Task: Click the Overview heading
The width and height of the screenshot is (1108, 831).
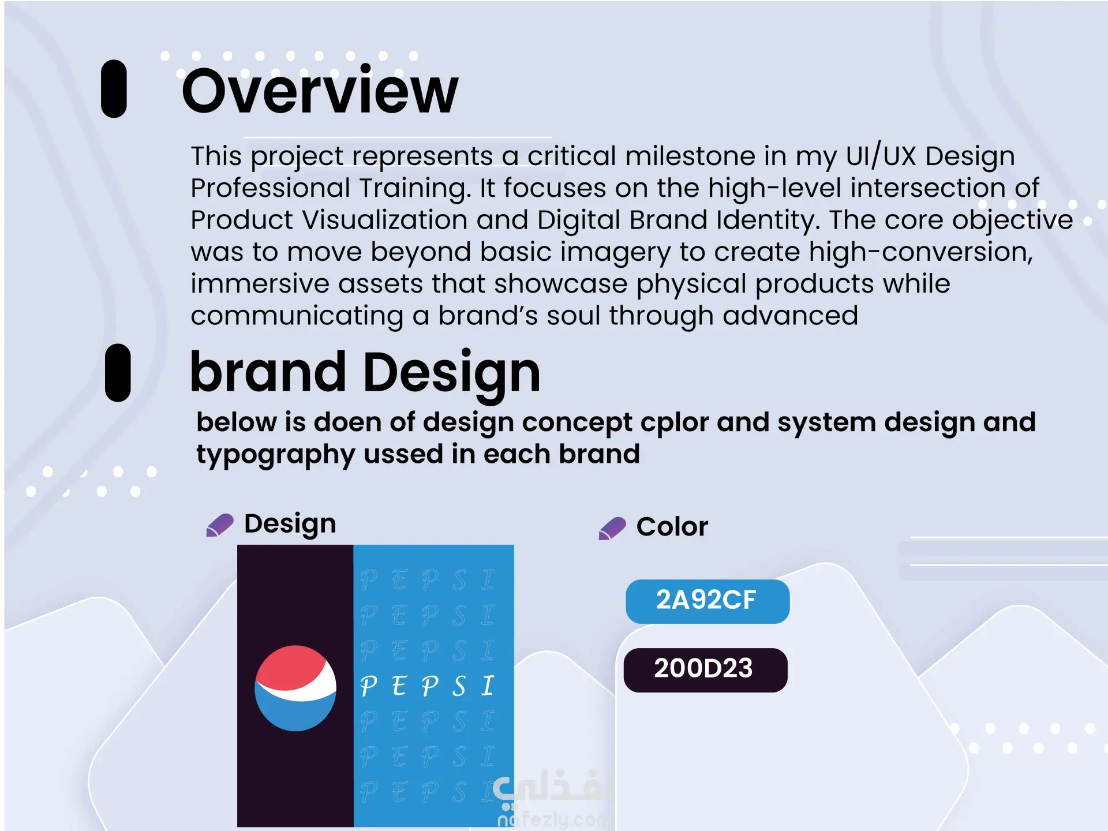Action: [x=320, y=91]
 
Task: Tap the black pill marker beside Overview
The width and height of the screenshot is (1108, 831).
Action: [x=114, y=89]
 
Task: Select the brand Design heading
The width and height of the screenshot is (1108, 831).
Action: [x=365, y=373]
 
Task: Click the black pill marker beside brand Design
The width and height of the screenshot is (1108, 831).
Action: [x=118, y=373]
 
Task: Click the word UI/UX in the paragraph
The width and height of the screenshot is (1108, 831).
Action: [x=881, y=156]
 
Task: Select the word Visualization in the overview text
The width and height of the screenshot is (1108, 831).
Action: [x=385, y=220]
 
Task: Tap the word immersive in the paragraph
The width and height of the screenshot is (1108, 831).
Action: [x=259, y=284]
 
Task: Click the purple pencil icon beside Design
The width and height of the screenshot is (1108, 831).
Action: [x=220, y=525]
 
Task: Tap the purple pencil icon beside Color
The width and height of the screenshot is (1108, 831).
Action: [x=612, y=529]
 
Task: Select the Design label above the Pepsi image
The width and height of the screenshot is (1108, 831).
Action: [x=290, y=524]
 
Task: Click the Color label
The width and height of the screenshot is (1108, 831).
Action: [x=672, y=527]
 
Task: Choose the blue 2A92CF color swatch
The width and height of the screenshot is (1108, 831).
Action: [x=708, y=601]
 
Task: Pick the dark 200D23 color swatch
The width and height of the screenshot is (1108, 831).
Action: [x=706, y=670]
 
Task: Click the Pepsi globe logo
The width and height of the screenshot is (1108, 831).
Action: [x=295, y=688]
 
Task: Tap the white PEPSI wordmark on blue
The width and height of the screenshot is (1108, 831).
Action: [x=427, y=686]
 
